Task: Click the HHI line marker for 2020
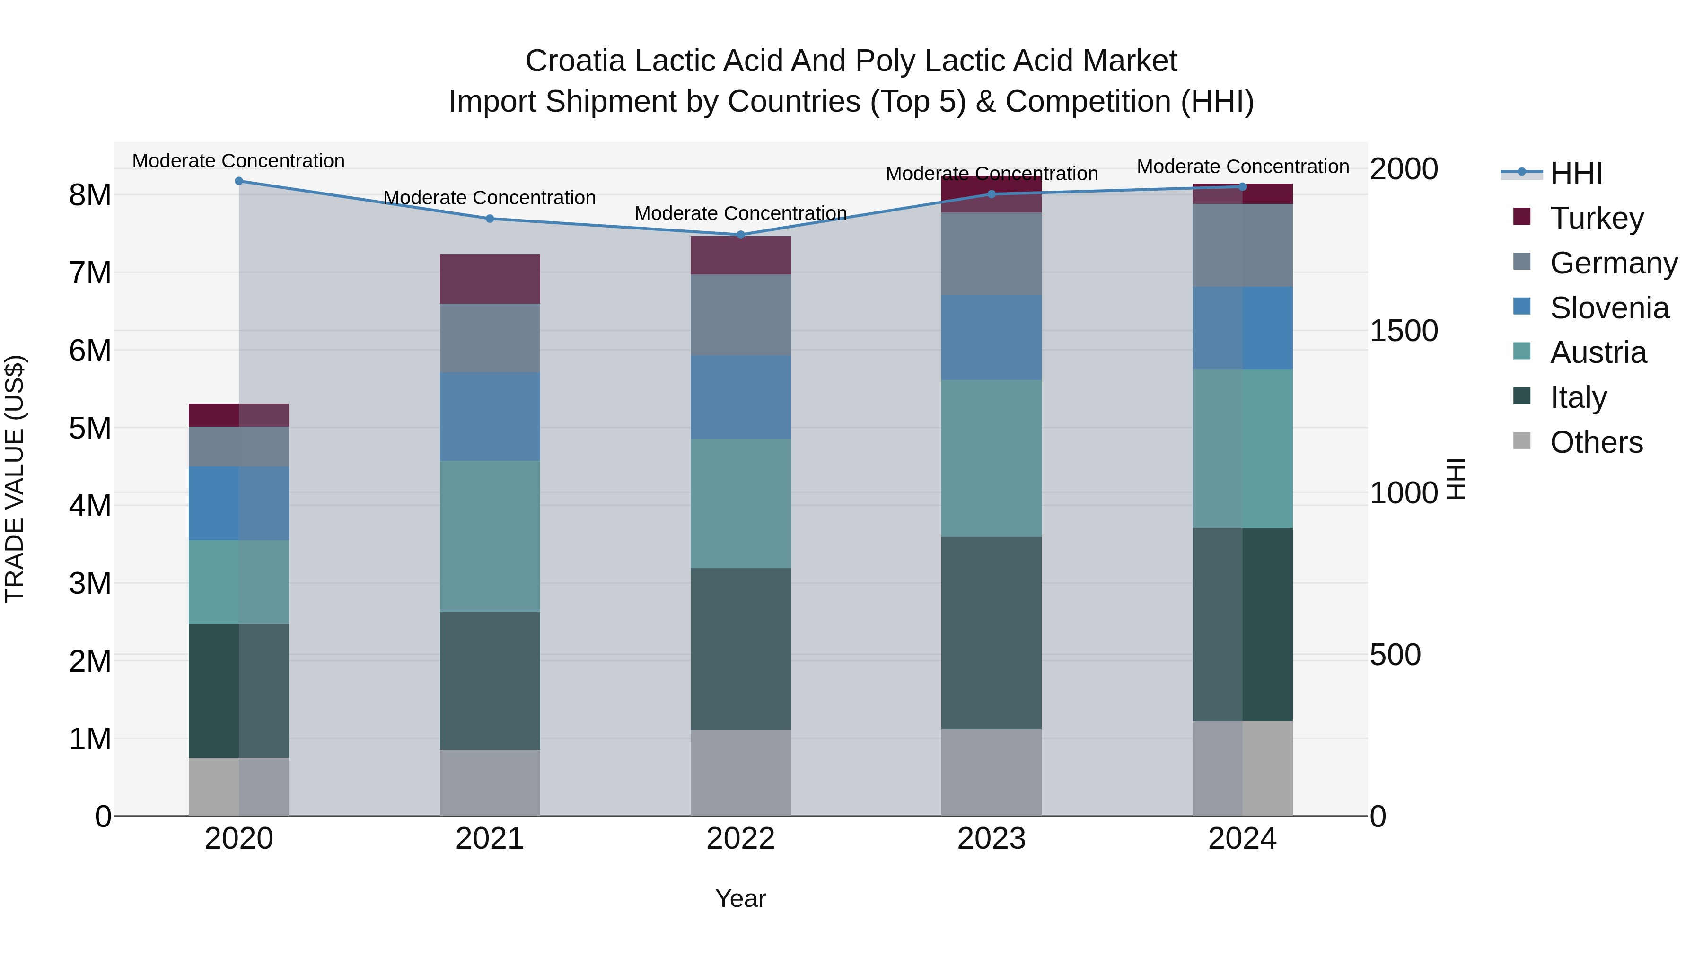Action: pos(239,181)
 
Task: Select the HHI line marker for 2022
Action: pos(740,235)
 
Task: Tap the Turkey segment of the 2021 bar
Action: pos(490,279)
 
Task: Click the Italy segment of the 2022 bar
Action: pos(740,649)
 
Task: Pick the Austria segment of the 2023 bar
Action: pos(991,458)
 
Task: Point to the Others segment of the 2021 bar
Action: pos(490,783)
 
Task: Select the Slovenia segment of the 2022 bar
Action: pos(740,397)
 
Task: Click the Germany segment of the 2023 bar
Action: pos(991,254)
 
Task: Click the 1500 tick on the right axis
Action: pos(1403,331)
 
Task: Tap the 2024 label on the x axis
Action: pos(1242,839)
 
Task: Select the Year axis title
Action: pos(740,898)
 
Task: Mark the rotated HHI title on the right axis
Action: pos(1457,479)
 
